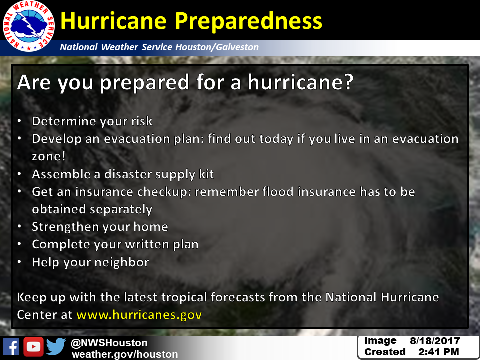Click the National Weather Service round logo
29,26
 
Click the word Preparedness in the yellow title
248,22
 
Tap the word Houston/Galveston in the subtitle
217,47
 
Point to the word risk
142,121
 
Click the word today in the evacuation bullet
276,139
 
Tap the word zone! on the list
49,156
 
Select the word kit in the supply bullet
206,174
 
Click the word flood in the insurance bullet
278,191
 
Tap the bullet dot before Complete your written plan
19,244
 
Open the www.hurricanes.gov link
139,315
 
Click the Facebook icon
11,347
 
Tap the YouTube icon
33,347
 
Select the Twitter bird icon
56,346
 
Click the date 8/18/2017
435,341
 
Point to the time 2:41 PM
439,352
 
